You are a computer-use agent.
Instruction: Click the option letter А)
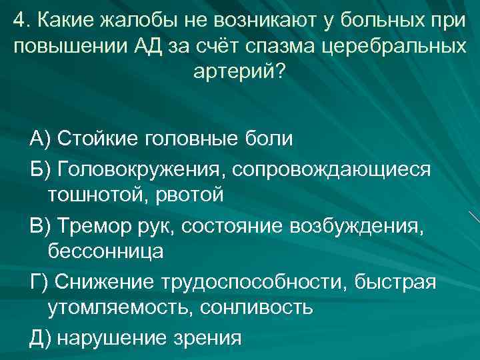(x=40, y=139)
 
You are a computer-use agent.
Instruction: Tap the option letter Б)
(x=40, y=168)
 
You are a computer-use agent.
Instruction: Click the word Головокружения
(x=142, y=168)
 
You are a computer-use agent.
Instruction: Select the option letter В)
(x=40, y=225)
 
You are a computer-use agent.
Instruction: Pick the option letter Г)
(x=39, y=281)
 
